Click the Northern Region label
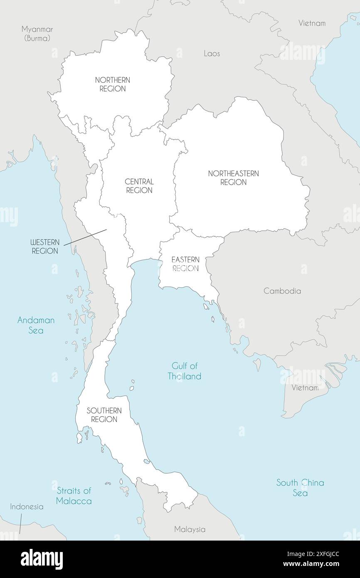[112, 84]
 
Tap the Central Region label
[139, 186]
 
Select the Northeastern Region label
[233, 178]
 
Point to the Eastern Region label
[185, 264]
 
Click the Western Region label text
[45, 247]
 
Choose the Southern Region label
[104, 415]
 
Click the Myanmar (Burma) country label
[37, 33]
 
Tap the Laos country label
[212, 54]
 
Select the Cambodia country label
[282, 291]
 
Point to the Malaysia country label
[190, 529]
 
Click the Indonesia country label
[27, 506]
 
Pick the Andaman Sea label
[36, 325]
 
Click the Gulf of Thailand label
[185, 371]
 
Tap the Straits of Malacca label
[74, 496]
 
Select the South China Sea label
[300, 487]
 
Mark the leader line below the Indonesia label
[20, 524]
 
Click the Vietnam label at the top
[312, 23]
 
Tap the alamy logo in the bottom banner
[42, 559]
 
